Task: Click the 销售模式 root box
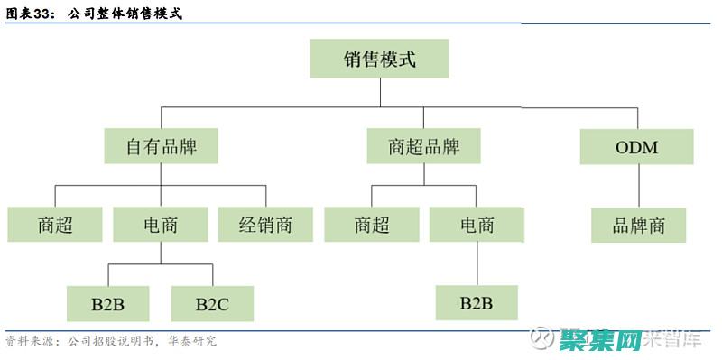point(379,60)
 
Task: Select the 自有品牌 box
point(162,146)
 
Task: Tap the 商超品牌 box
point(423,146)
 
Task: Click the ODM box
point(637,146)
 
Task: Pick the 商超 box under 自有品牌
point(55,225)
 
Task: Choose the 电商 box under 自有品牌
point(161,225)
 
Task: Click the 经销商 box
point(266,225)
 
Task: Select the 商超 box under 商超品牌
point(372,225)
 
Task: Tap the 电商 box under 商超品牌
point(477,225)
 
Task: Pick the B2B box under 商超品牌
point(477,302)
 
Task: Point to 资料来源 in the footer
point(28,342)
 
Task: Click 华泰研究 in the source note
point(192,342)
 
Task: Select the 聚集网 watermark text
point(599,340)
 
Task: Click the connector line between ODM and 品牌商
point(637,186)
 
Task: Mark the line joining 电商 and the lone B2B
point(477,263)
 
